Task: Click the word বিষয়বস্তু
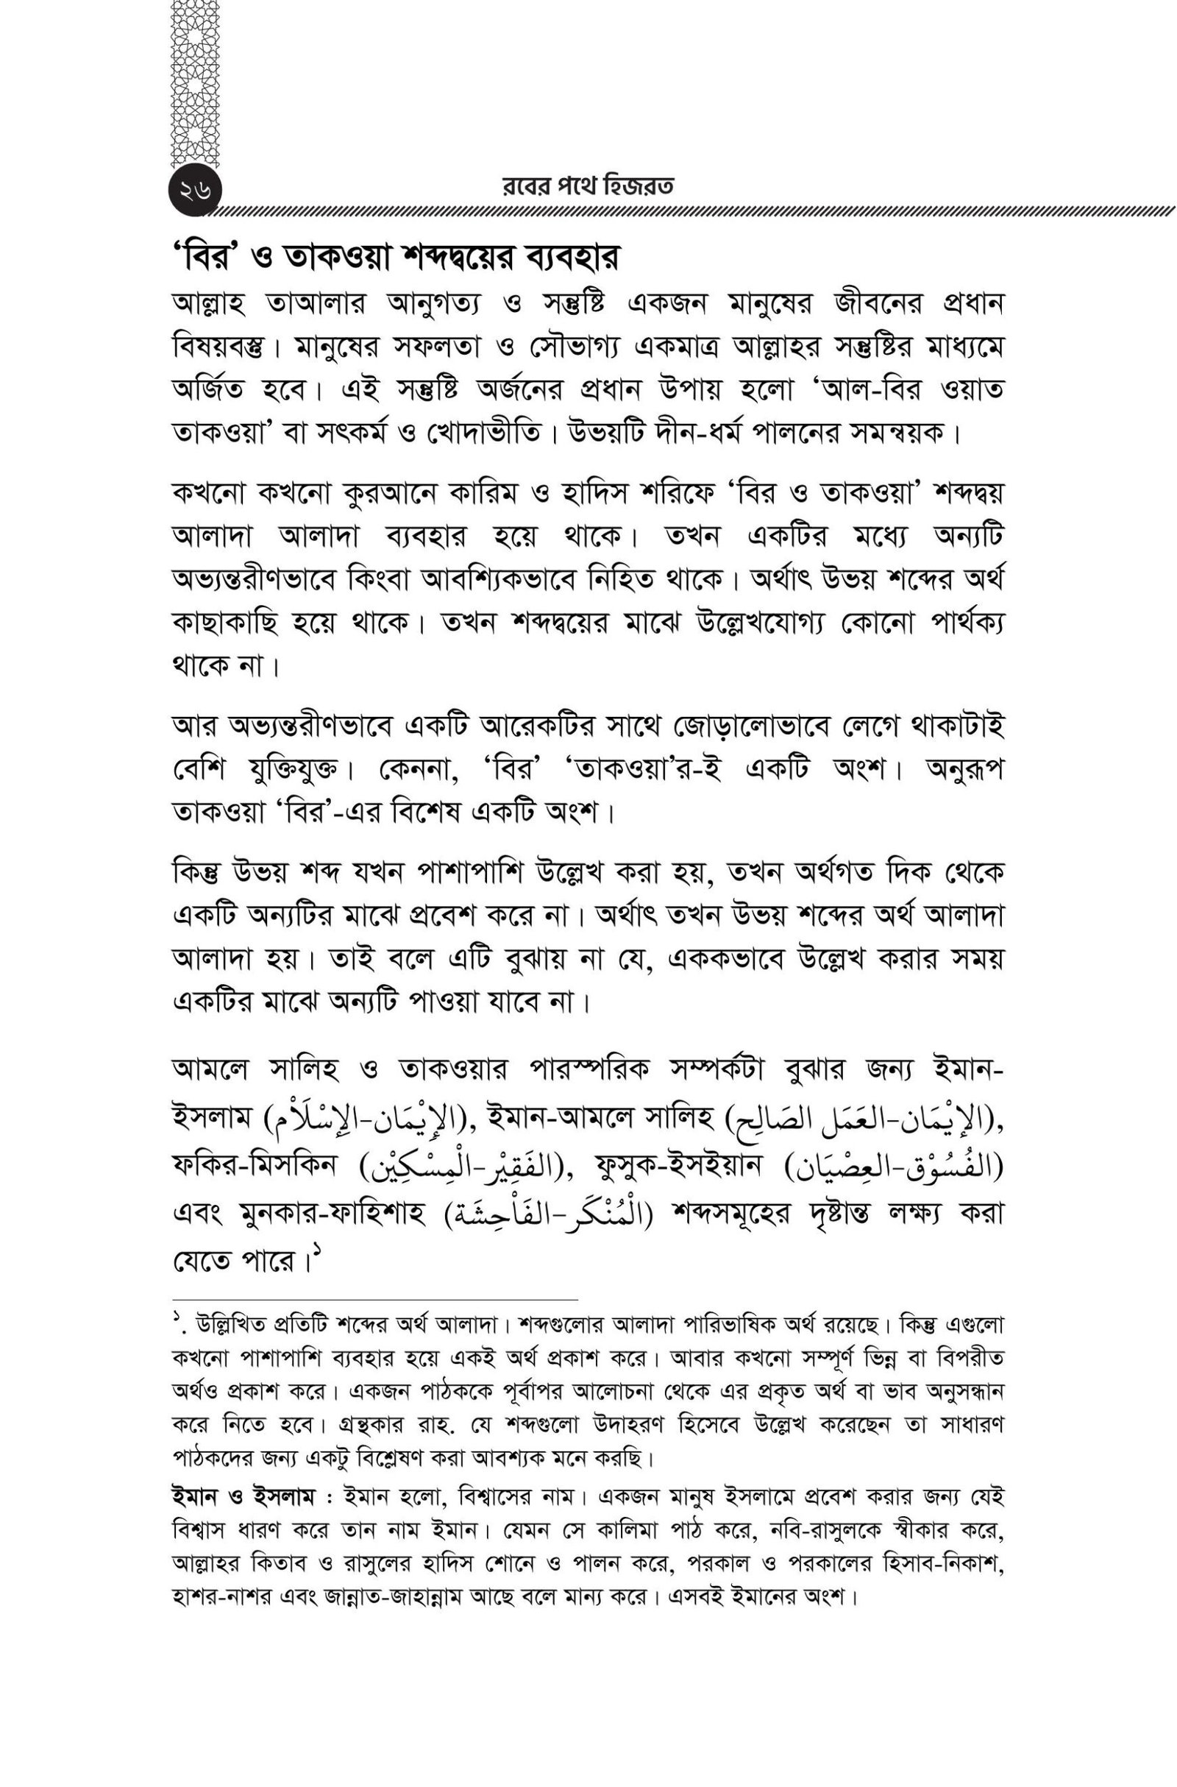pos(228,349)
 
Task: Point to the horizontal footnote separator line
pos(375,1298)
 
